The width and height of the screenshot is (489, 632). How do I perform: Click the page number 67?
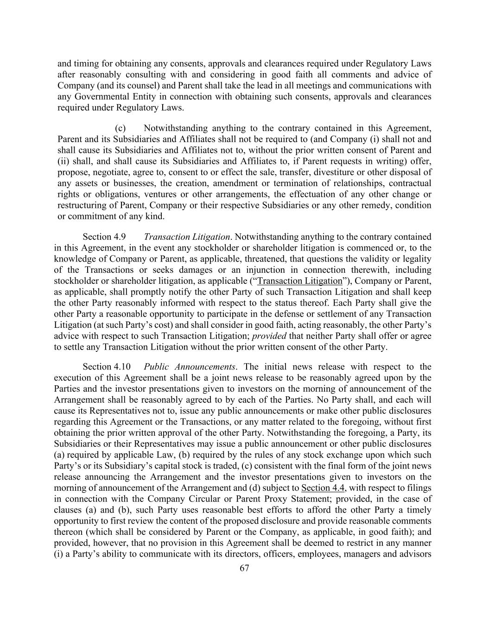[245, 569]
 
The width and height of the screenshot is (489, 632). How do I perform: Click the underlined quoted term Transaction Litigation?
[299, 281]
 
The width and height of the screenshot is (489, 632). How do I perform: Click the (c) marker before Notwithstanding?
[120, 128]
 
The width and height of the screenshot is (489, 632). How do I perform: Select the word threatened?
[254, 259]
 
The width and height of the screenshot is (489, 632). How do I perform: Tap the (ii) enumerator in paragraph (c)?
[64, 162]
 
